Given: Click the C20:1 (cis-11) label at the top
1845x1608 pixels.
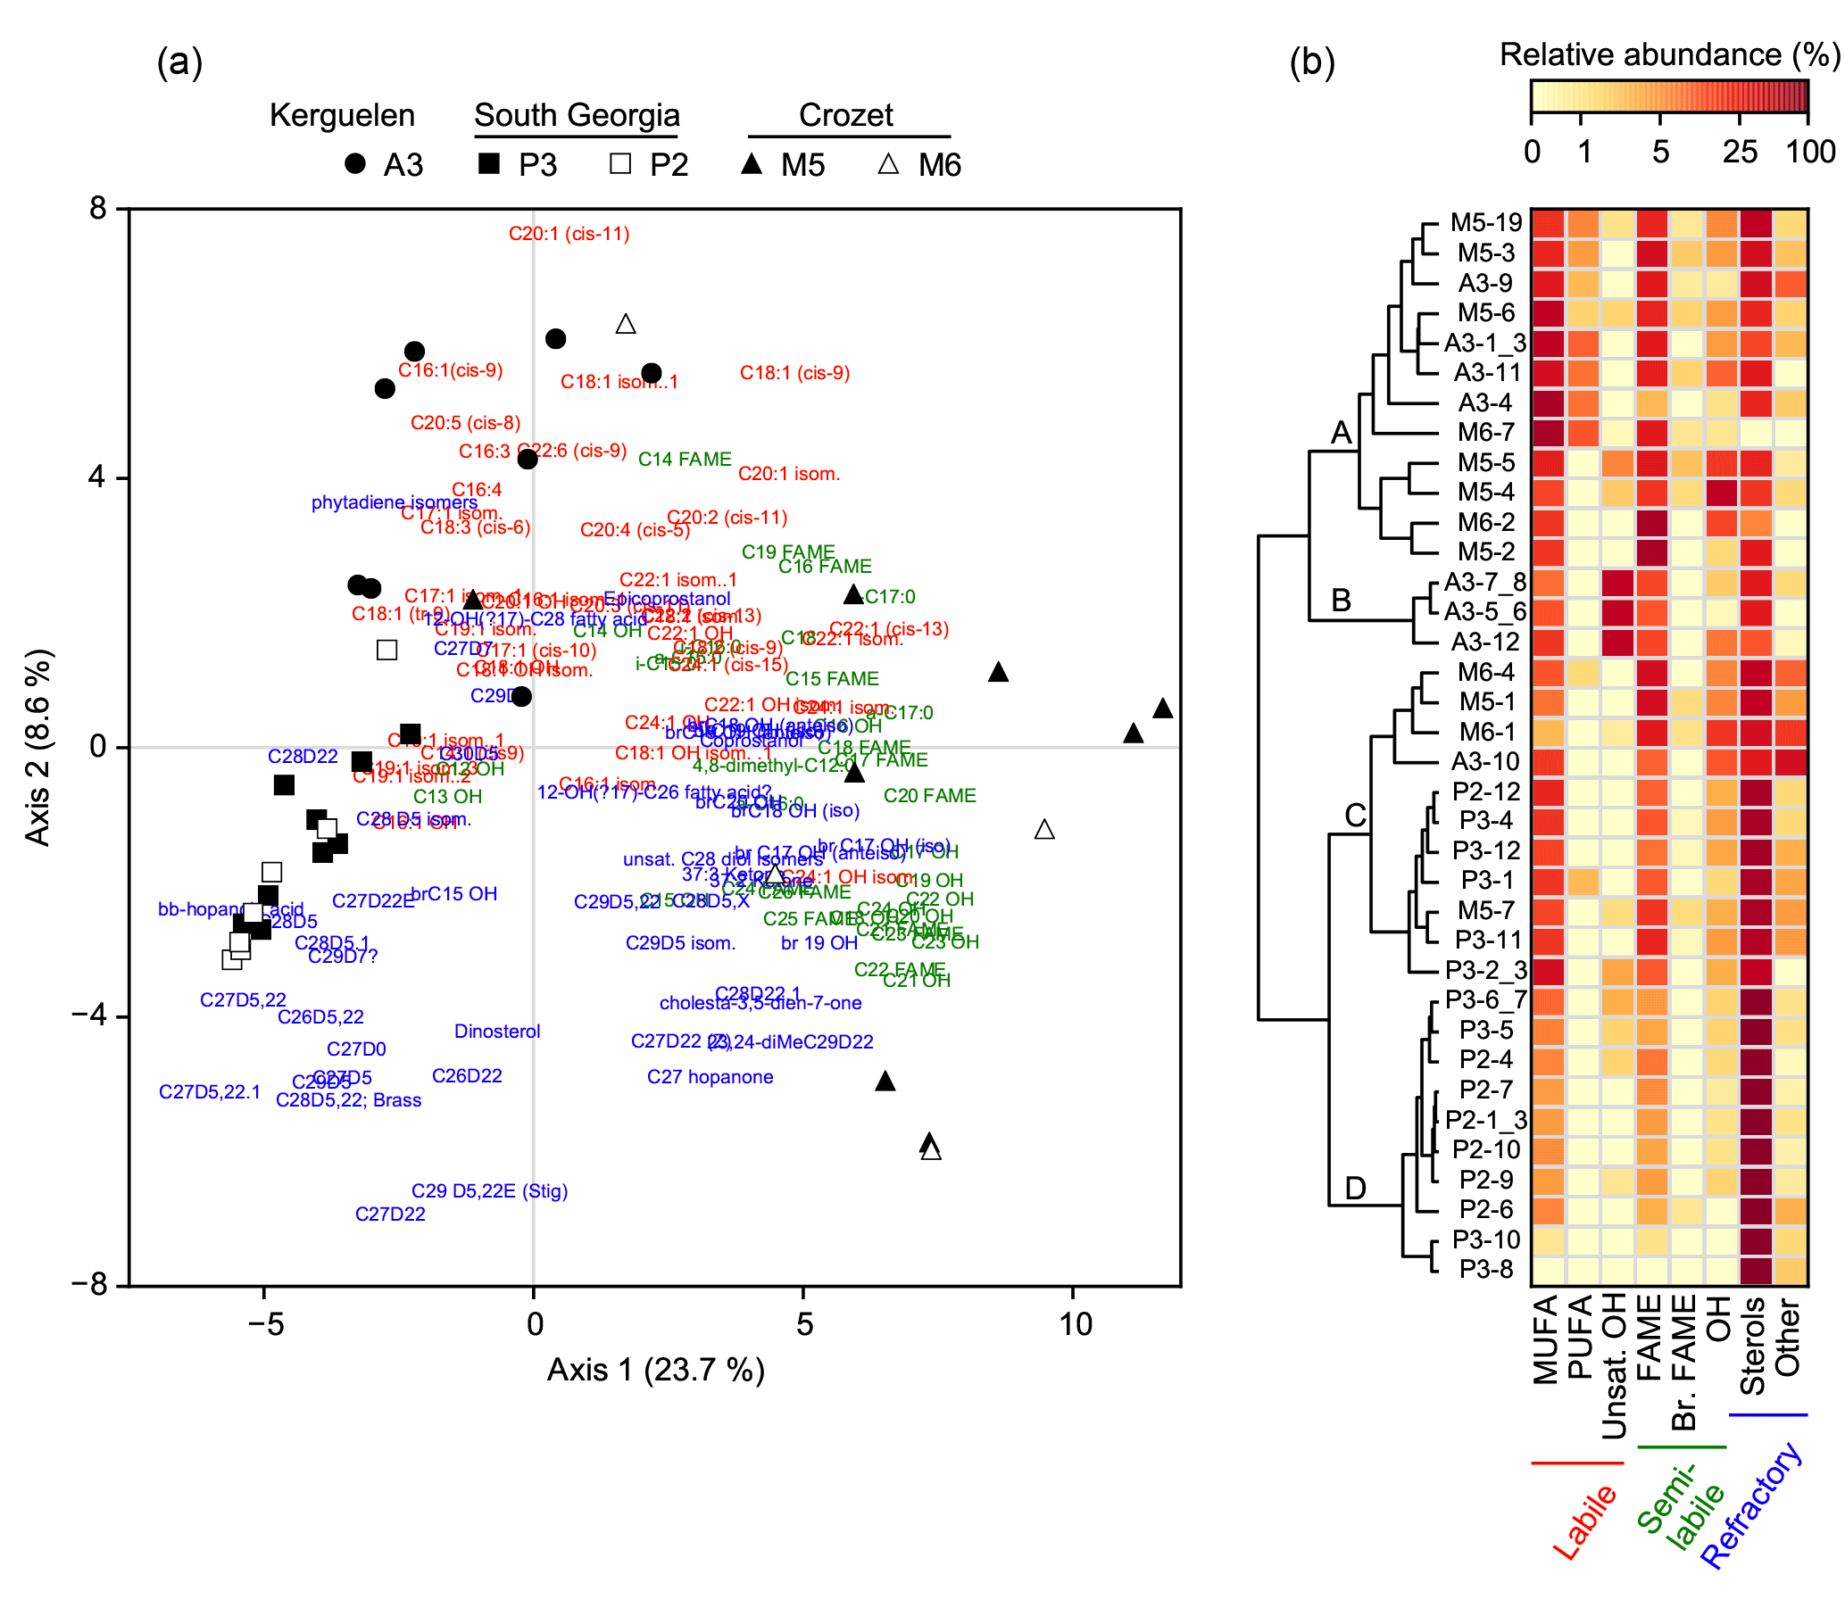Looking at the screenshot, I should (x=568, y=234).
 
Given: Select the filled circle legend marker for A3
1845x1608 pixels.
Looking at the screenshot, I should (x=355, y=164).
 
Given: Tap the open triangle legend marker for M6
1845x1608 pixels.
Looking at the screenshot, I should (x=887, y=164).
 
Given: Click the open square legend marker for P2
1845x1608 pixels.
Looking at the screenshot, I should (x=620, y=164).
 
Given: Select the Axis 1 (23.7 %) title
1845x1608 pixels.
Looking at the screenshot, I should (x=656, y=1371).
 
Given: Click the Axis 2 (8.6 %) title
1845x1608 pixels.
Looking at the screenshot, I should (x=37, y=747).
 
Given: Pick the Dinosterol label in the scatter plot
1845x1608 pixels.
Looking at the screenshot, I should (x=497, y=1032).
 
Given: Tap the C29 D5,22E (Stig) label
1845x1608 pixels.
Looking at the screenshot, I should (x=489, y=1191).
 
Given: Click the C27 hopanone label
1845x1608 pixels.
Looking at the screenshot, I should (x=710, y=1077).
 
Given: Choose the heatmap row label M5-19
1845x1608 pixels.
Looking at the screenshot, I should (x=1486, y=222).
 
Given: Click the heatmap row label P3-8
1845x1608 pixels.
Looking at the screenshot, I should (x=1486, y=1270).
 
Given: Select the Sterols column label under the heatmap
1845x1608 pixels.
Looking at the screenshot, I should (x=1752, y=1346).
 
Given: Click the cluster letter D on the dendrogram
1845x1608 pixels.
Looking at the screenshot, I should (x=1355, y=1189).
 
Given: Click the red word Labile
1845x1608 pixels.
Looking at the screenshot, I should (x=1584, y=1522).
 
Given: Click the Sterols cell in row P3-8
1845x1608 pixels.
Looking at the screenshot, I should (x=1755, y=1271).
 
